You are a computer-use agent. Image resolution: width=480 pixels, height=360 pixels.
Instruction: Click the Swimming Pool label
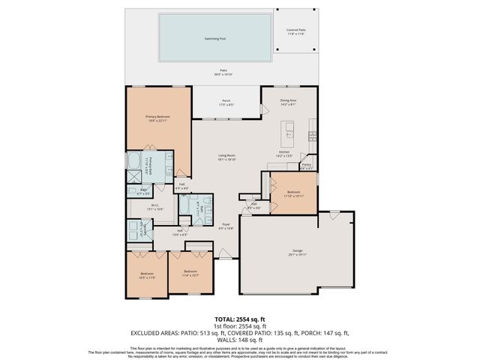tap(215, 37)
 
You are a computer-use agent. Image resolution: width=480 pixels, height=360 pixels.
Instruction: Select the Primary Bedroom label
tap(158, 118)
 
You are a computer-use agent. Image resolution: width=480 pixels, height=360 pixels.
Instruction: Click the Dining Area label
tap(288, 101)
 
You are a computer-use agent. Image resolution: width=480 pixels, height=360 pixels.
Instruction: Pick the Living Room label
tap(226, 158)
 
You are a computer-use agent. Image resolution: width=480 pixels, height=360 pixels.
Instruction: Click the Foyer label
tap(225, 226)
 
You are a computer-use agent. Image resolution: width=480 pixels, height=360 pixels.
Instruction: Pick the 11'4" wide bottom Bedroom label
tap(190, 272)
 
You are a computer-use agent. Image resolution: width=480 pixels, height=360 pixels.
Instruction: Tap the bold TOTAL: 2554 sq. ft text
tap(239, 319)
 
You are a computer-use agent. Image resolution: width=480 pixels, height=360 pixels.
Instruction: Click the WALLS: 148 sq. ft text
tap(240, 340)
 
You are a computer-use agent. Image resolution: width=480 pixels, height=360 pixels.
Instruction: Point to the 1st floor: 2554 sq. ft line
tap(239, 325)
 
